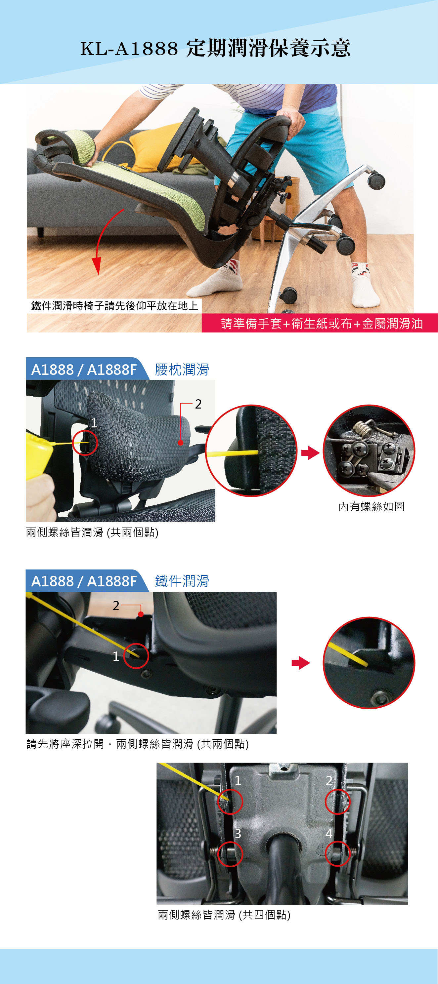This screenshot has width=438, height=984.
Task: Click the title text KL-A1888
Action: point(129,49)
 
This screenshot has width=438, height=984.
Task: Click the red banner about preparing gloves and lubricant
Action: point(320,323)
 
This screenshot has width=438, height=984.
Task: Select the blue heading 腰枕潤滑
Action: point(182,370)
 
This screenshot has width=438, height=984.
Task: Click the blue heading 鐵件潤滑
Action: point(182,581)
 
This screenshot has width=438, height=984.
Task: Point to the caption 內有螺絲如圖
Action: point(372,506)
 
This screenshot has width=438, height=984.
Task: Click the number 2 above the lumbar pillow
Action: point(198,404)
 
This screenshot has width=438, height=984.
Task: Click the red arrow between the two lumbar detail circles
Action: point(310,453)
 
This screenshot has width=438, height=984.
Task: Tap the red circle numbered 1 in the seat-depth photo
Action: point(136,656)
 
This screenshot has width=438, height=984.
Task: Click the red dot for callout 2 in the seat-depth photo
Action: point(141,614)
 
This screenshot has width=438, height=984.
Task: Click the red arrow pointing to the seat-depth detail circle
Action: point(300,663)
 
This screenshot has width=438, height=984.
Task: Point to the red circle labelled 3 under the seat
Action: point(230,854)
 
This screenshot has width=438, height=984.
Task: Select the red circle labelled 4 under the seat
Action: point(337,853)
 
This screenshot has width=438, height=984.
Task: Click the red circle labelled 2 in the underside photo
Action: point(337,802)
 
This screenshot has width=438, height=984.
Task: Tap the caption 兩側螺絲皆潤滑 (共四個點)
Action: point(224,915)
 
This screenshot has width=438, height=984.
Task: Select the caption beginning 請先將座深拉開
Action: point(138,744)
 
